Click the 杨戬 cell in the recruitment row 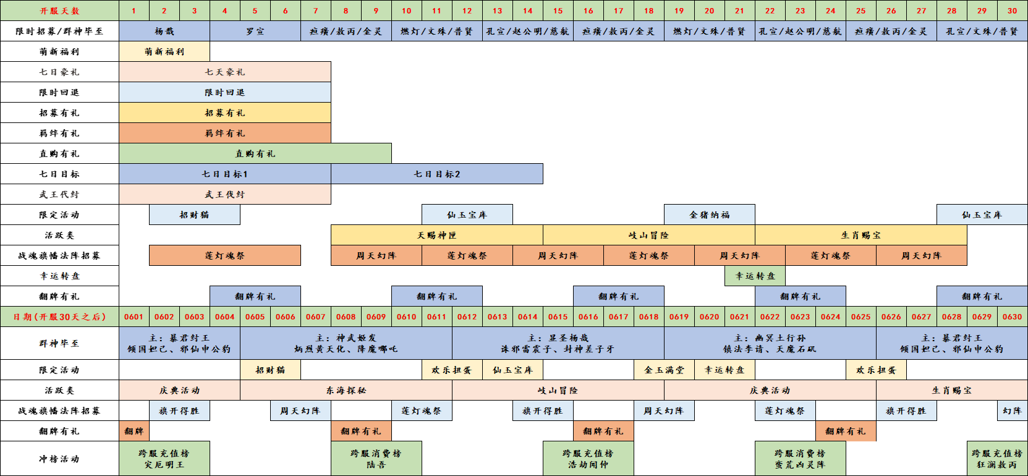click(164, 31)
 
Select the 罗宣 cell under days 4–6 click(255, 31)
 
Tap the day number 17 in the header click(619, 11)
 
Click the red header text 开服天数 click(60, 11)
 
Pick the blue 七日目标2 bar click(437, 174)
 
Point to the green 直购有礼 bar click(255, 154)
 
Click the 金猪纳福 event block click(710, 215)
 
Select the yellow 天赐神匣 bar click(437, 235)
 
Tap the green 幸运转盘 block click(755, 276)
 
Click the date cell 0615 click(558, 317)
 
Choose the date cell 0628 click(952, 317)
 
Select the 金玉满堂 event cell click(664, 370)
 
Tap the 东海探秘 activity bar click(346, 390)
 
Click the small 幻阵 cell click(1013, 411)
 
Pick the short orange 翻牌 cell click(134, 431)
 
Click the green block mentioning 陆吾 click(376, 459)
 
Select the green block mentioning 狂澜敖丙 click(997, 459)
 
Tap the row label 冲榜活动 click(60, 459)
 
